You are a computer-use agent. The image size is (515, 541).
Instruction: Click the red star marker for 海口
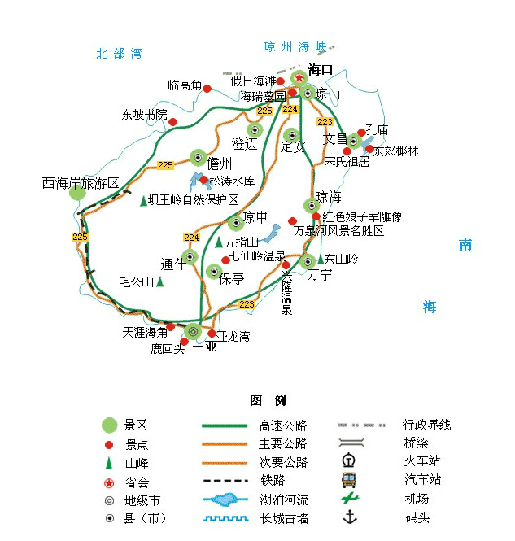tap(299, 78)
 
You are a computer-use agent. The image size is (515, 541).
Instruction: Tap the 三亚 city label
tap(204, 347)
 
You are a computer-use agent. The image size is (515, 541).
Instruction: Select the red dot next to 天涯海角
tap(170, 327)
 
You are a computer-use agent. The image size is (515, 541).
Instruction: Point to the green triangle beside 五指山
tap(218, 242)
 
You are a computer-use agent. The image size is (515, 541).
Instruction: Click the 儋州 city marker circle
tap(198, 158)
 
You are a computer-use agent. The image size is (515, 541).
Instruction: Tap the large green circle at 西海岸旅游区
tap(77, 194)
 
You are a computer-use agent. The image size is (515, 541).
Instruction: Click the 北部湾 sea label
tap(119, 54)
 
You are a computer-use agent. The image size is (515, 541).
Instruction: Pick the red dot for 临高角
tap(207, 89)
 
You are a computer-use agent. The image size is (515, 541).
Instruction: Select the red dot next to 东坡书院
tap(172, 122)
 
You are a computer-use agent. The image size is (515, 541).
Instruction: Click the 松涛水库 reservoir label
tap(232, 181)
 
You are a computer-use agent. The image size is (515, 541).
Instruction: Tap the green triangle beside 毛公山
tap(159, 281)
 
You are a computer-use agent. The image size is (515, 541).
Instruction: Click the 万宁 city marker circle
tap(308, 261)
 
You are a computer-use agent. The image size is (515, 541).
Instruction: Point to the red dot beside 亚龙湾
tap(212, 334)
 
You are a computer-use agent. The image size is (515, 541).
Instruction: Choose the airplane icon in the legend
tap(350, 498)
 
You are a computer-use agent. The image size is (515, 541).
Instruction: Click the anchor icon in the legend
tap(350, 517)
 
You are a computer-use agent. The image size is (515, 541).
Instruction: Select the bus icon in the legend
tap(349, 480)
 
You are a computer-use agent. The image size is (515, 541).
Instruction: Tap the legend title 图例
tap(268, 400)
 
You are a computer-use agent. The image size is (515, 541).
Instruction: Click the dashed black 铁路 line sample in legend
tap(225, 480)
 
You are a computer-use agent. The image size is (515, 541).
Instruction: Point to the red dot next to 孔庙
tap(361, 133)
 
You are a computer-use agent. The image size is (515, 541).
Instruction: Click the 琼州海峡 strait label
tap(295, 47)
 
